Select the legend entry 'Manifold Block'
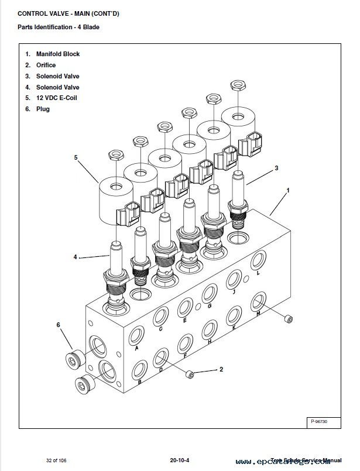57,54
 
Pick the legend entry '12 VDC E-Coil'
56,98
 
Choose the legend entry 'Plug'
43,109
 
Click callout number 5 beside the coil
76,157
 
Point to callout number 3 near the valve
276,168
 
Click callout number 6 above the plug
58,324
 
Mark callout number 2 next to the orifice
221,369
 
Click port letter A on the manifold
136,348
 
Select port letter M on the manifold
259,314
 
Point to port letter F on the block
185,355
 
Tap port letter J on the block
233,292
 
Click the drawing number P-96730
320,421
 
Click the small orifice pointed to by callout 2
190,373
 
